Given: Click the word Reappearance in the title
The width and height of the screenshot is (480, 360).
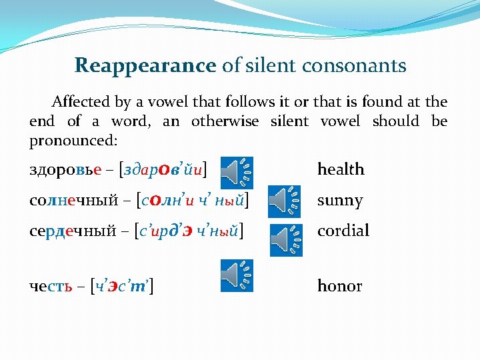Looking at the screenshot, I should [x=145, y=66].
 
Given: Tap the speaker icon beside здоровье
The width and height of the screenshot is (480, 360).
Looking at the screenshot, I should [x=237, y=171].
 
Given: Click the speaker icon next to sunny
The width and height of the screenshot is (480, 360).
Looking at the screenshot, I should [x=284, y=201].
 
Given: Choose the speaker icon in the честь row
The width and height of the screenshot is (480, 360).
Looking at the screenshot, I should [x=237, y=276].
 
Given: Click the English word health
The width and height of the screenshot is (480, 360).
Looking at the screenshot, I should [x=341, y=169].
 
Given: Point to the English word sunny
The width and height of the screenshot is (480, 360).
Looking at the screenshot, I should [x=339, y=201].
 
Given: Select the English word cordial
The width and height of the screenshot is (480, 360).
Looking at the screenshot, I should [x=343, y=231].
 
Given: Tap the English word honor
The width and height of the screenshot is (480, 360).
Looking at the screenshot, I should [x=339, y=286].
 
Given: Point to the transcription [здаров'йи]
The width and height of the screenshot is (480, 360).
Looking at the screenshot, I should [x=161, y=169].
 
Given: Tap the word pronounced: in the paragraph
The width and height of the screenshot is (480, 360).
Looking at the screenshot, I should [x=73, y=141].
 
